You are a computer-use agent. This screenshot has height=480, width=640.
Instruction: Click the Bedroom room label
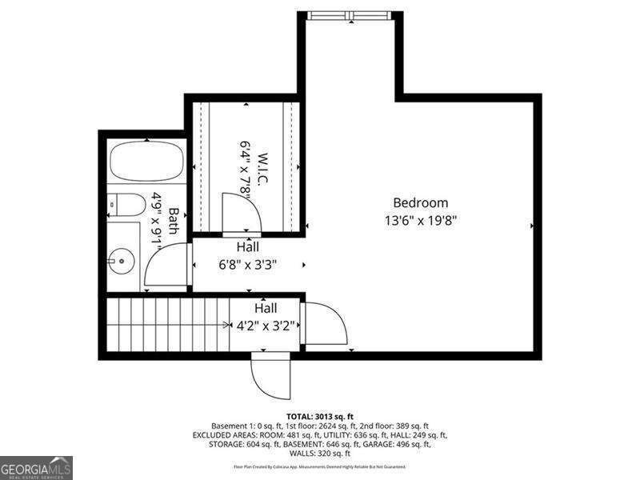(420, 203)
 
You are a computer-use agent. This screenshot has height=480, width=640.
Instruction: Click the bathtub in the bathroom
(146, 161)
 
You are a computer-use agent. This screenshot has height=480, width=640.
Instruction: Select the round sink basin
(122, 259)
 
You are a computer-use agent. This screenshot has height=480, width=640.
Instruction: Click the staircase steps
(168, 324)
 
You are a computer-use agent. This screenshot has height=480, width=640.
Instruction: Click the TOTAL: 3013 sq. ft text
(319, 416)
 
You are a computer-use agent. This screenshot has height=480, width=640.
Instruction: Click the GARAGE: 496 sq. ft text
(408, 444)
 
